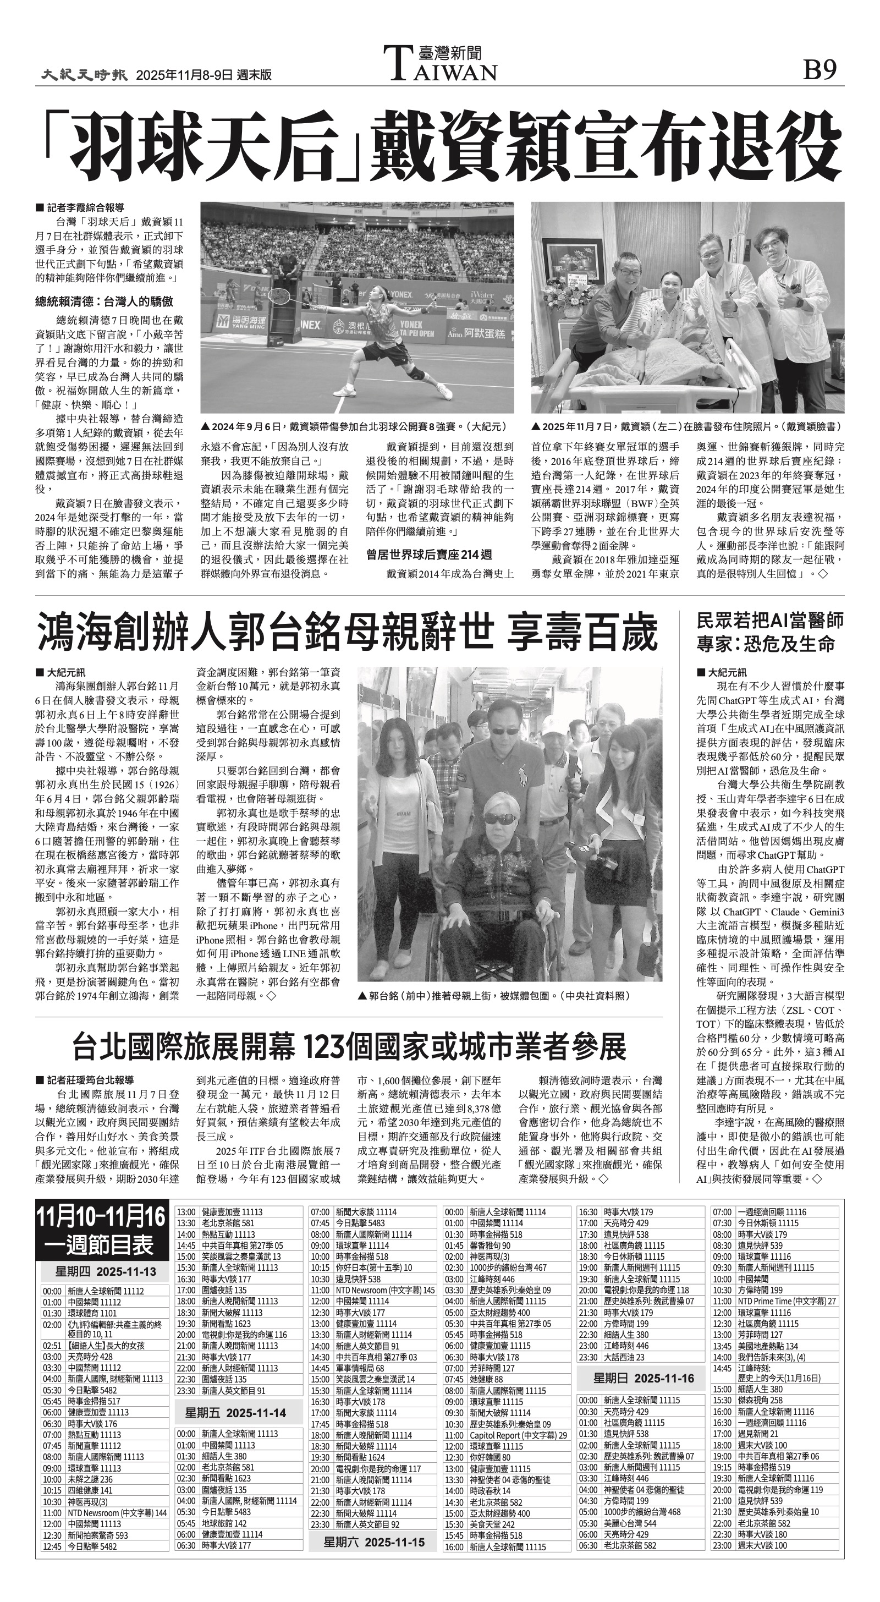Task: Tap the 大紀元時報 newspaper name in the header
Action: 85,75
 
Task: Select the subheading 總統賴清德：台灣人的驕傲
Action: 104,301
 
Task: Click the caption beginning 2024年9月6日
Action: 354,427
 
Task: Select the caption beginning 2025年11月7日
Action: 686,427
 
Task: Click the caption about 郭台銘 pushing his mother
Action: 494,996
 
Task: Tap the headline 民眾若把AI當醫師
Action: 770,620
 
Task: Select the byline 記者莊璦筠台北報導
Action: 84,1080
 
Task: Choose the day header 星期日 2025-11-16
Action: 643,1379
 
